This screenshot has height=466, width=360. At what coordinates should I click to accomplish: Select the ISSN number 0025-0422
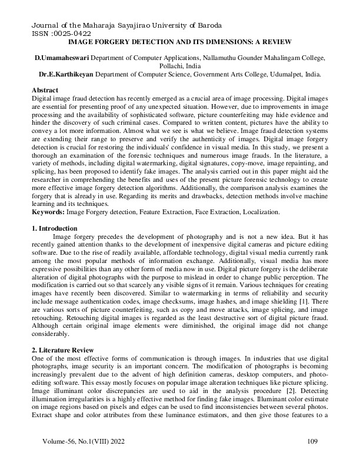58,34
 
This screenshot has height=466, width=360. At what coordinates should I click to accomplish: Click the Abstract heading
46,89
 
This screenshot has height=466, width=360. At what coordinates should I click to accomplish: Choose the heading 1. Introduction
56,228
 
